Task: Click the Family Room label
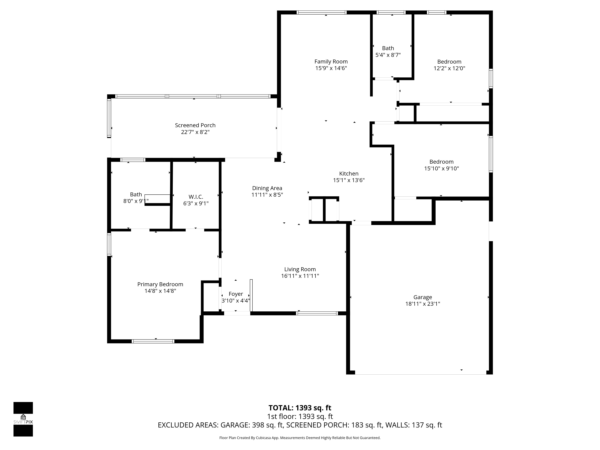point(331,62)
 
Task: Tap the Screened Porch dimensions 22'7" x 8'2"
point(195,132)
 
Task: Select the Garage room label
point(423,297)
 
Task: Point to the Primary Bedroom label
point(160,284)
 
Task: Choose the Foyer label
point(236,294)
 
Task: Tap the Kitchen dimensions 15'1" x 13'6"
point(349,180)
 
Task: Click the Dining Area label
point(267,188)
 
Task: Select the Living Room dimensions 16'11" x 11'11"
point(300,276)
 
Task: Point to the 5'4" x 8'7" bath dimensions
point(388,55)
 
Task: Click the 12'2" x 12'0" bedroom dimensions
point(449,68)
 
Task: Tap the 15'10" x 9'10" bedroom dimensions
point(441,168)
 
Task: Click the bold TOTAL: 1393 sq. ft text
point(300,408)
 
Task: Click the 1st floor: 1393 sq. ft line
point(300,416)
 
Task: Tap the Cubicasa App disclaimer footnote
point(300,438)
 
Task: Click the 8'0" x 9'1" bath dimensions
point(136,201)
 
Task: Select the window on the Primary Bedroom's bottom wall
point(153,341)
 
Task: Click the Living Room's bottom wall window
point(317,313)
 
